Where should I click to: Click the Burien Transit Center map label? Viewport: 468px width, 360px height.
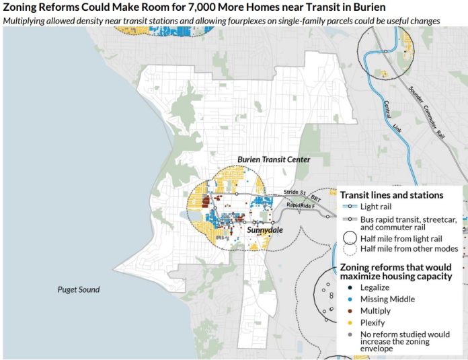tap(273, 160)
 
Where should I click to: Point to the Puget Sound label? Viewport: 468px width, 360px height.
tap(78, 290)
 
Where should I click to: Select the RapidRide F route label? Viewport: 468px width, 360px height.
tap(302, 205)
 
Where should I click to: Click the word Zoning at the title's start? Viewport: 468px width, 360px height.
tap(22, 7)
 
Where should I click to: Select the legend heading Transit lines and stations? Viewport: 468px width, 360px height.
tap(391, 195)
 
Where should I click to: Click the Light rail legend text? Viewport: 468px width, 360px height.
tap(380, 207)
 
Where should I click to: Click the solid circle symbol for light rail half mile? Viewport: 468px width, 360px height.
tap(350, 238)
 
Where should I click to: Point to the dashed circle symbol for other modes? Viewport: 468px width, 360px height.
tap(350, 250)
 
